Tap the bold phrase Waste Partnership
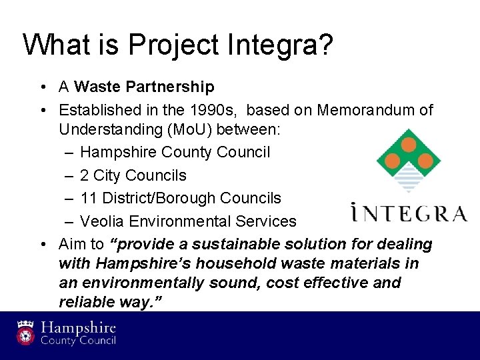(145, 87)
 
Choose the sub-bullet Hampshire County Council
(175, 152)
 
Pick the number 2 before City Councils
(84, 175)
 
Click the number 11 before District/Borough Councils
(87, 198)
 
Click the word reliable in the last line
(85, 302)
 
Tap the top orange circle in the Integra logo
(409, 145)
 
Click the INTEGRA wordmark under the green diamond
(409, 213)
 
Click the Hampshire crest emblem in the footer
(25, 332)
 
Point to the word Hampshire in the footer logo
(79, 328)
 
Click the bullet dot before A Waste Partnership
(42, 87)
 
